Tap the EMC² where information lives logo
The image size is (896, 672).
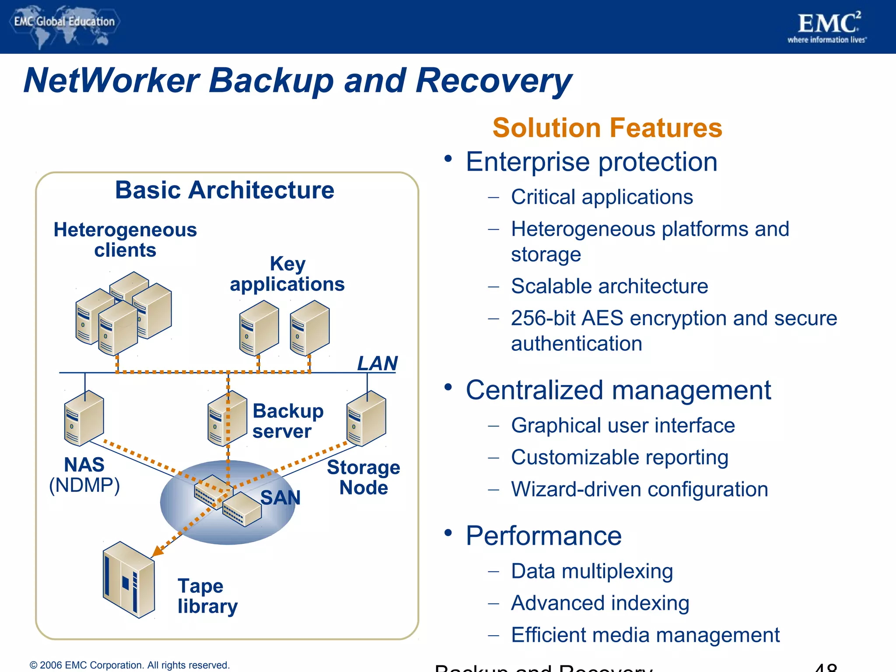click(x=827, y=27)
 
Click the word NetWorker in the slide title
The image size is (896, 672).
click(x=112, y=80)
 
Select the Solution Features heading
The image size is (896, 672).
click(x=607, y=128)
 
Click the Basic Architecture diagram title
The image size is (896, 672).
click(x=224, y=190)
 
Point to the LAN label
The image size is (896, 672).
click(x=377, y=363)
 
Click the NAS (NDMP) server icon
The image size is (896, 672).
click(x=84, y=418)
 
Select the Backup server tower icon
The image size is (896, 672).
click(x=227, y=418)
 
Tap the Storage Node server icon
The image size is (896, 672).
click(x=366, y=418)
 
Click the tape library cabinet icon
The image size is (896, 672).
click(x=129, y=580)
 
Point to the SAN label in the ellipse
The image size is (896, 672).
click(x=280, y=497)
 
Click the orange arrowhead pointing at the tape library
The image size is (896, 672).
click(x=158, y=551)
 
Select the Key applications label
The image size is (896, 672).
click(x=287, y=274)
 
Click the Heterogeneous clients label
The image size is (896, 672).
click(x=125, y=240)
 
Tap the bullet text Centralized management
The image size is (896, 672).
click(x=618, y=390)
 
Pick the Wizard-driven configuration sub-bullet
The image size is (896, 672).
click(x=639, y=489)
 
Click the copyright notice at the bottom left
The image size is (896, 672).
click(x=129, y=665)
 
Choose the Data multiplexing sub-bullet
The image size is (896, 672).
click(x=591, y=571)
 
